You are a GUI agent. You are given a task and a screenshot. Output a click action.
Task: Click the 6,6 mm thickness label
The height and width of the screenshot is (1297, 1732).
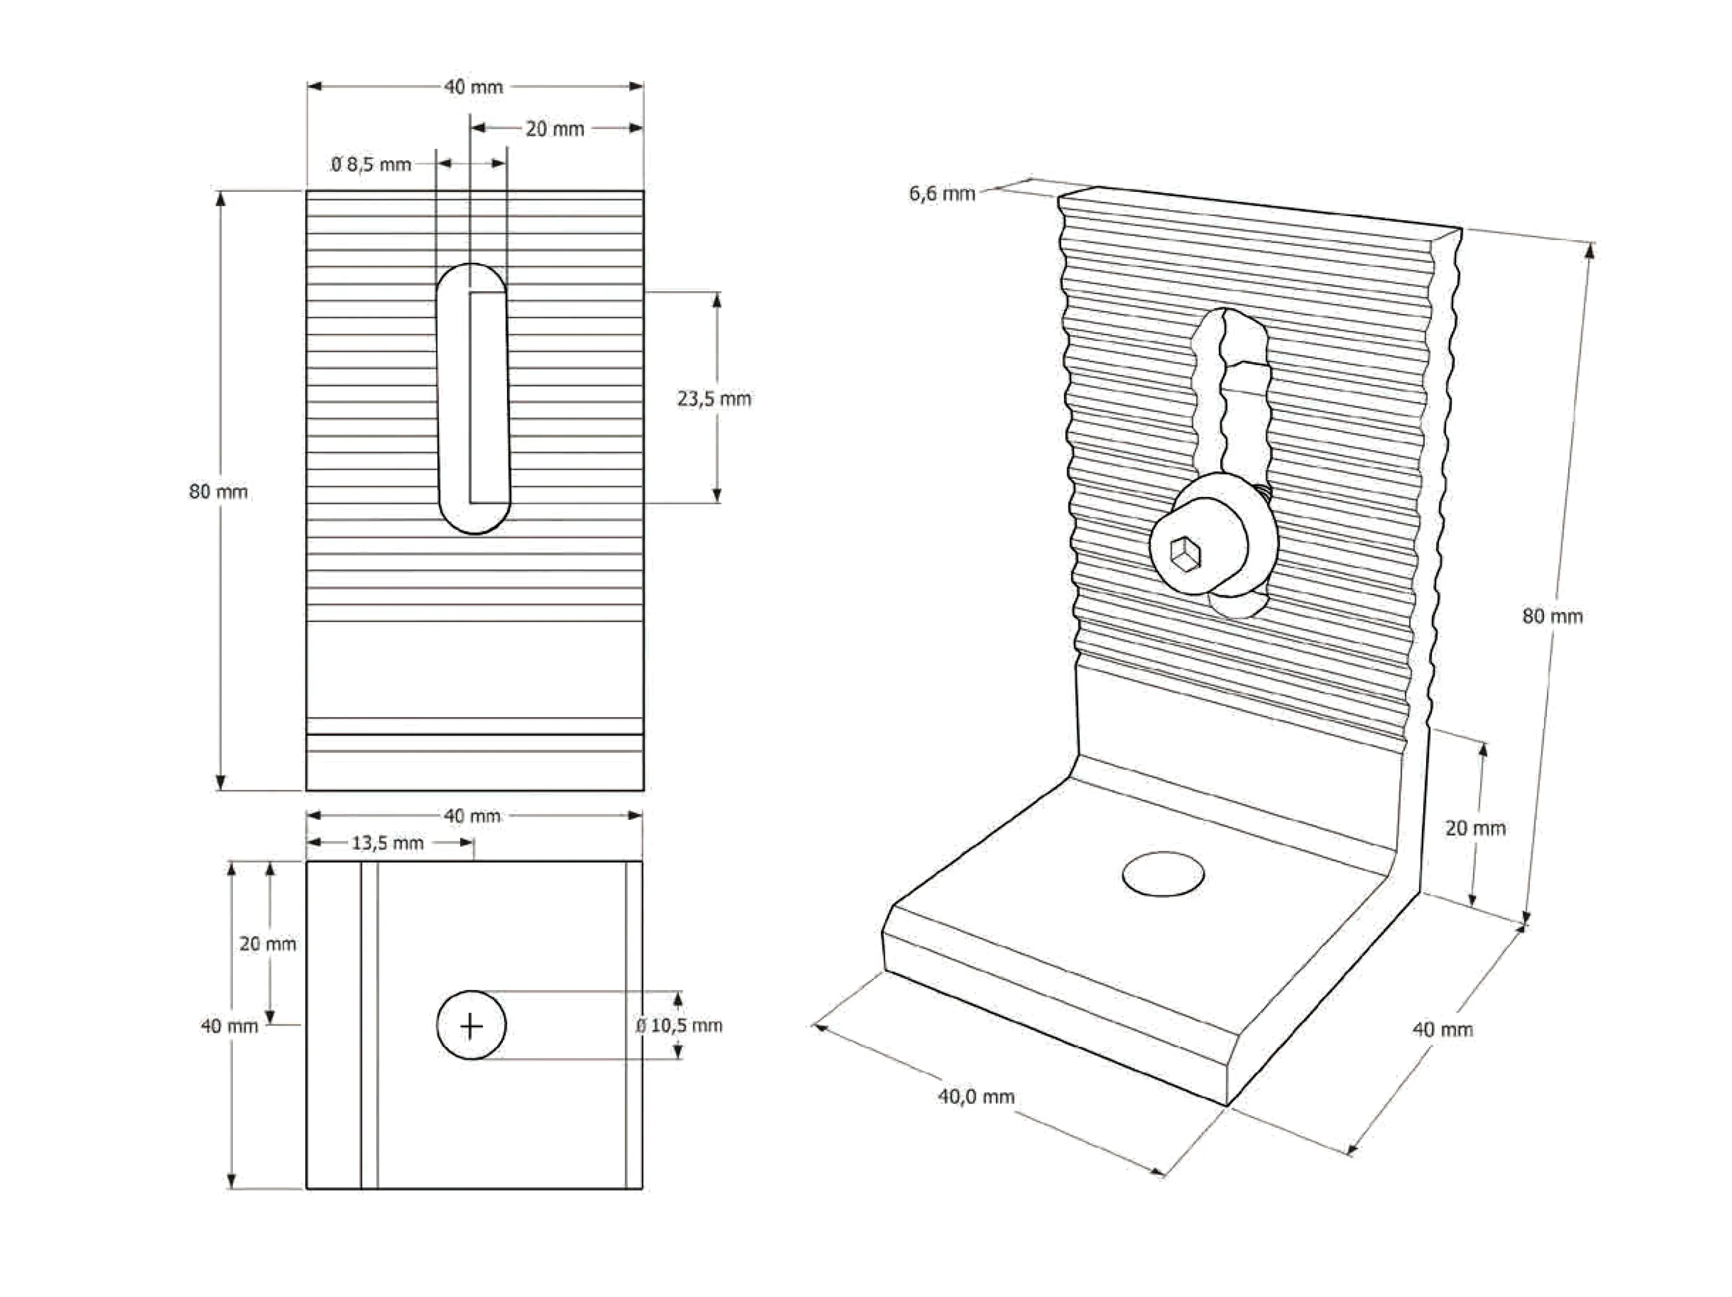click(942, 193)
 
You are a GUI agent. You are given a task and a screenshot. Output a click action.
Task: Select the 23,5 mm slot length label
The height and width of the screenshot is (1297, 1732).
click(713, 399)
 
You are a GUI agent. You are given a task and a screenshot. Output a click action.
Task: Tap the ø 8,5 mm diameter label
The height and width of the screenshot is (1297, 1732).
click(371, 164)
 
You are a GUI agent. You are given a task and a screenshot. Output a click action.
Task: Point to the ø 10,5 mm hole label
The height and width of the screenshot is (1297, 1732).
click(679, 1026)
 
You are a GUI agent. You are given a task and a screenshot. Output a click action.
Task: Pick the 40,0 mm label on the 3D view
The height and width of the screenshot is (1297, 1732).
click(976, 1097)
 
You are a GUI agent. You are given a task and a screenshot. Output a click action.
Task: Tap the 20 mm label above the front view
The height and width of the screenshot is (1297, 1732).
click(554, 129)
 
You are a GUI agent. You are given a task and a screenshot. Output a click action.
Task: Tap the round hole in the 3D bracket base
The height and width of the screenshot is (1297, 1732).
click(1163, 873)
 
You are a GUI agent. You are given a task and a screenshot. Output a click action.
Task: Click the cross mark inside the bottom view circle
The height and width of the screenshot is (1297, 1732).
click(471, 1026)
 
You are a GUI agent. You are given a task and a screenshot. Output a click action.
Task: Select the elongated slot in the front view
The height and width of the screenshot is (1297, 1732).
click(473, 399)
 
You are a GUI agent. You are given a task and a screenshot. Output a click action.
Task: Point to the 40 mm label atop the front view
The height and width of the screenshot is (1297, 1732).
click(473, 87)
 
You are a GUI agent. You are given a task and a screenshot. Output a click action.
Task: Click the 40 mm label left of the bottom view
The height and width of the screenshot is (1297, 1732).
click(229, 1026)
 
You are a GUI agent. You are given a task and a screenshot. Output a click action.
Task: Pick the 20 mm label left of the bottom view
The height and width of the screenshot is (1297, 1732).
click(268, 944)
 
